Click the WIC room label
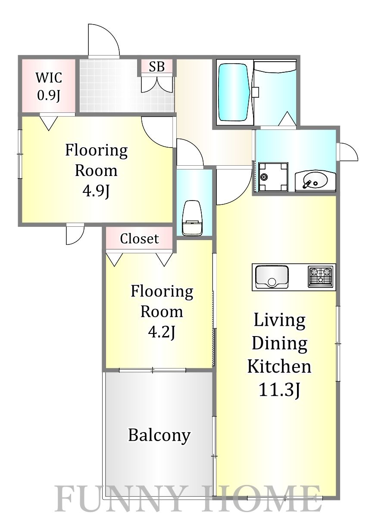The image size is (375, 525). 49,77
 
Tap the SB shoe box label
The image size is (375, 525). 157,67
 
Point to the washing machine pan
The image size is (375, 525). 273,177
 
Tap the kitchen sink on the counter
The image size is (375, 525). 272,277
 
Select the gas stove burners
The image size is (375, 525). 320,277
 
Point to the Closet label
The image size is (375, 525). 140,239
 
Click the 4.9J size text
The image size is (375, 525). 96,191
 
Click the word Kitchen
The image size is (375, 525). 279,367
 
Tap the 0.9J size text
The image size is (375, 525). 49,95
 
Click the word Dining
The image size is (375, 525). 279,345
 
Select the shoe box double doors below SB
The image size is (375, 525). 157,83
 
